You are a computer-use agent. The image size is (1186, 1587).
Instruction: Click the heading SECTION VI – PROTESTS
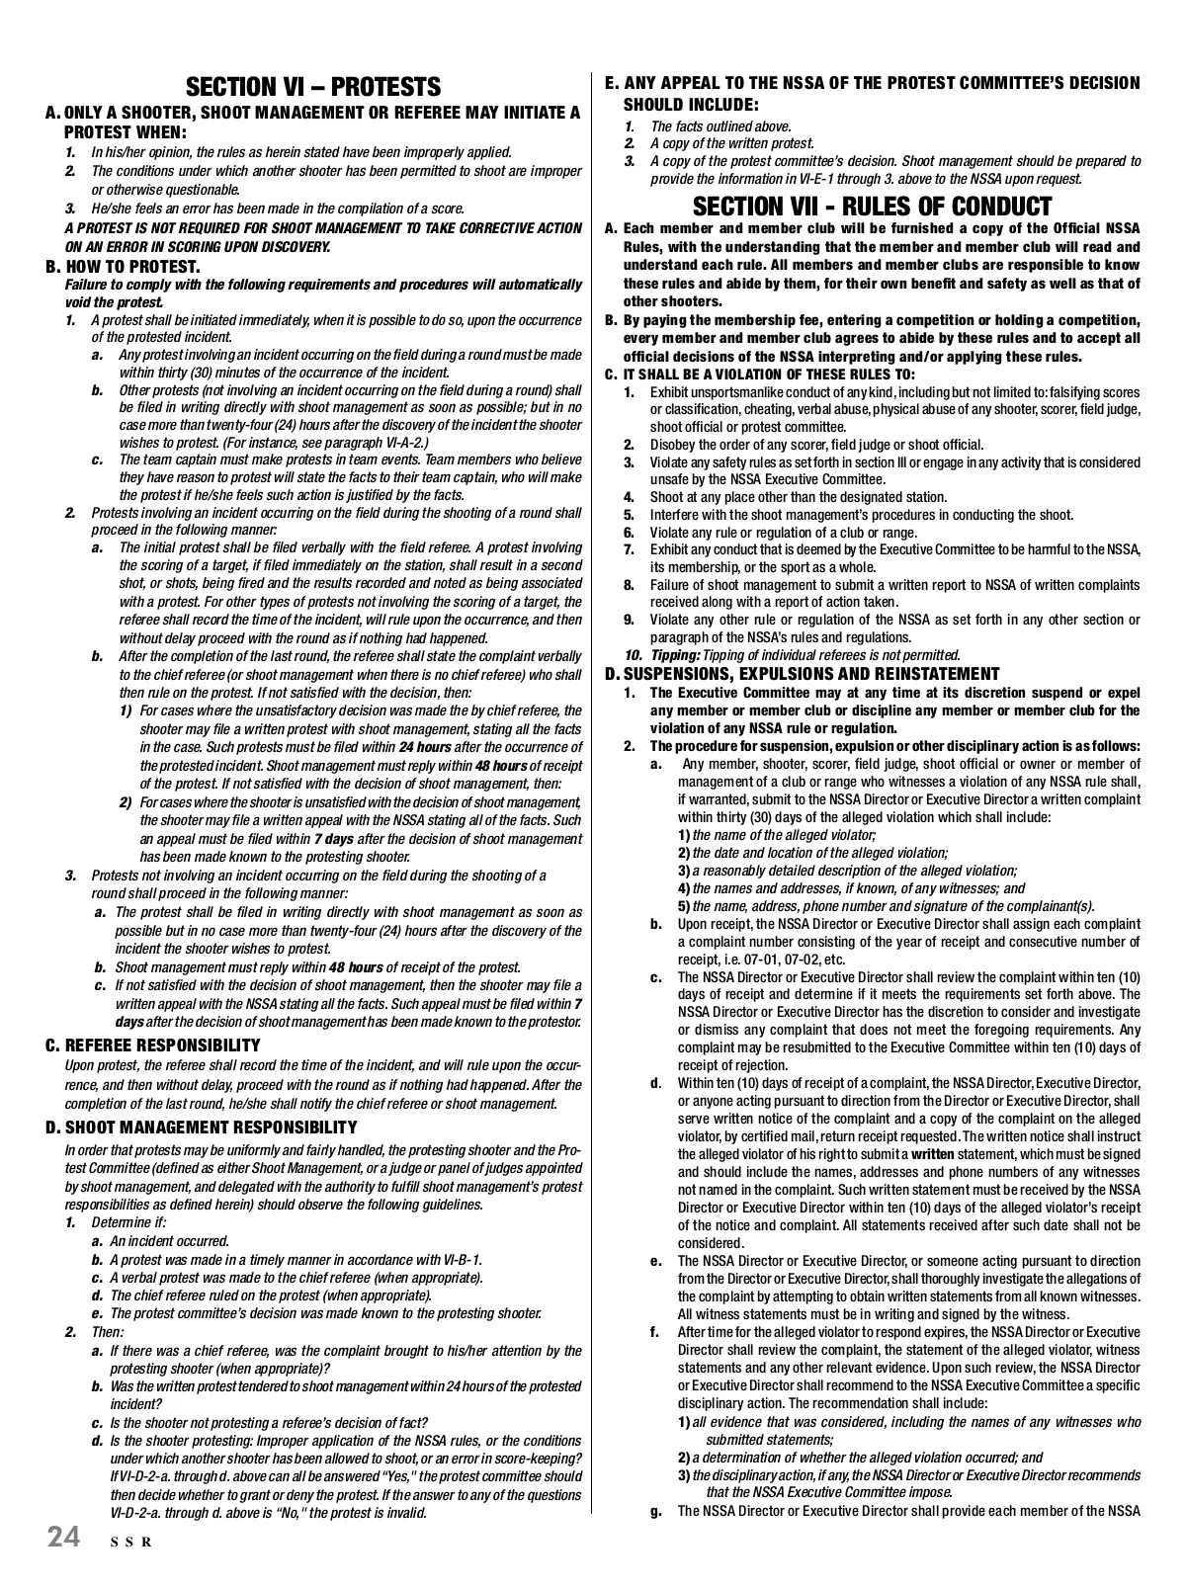[x=313, y=87]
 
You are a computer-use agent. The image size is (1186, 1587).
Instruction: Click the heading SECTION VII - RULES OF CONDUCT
[x=872, y=207]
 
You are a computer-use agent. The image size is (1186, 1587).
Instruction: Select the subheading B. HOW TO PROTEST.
[x=124, y=267]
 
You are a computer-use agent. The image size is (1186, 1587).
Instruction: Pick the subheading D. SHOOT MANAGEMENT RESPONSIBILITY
[x=202, y=1128]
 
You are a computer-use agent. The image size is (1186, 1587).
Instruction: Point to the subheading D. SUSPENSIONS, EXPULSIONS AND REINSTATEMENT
[x=803, y=674]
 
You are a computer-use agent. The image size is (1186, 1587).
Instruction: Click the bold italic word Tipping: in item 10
[x=675, y=655]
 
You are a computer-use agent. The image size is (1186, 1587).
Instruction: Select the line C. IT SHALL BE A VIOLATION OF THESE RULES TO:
[x=760, y=375]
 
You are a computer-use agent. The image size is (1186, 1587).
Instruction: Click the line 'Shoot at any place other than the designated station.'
[x=798, y=497]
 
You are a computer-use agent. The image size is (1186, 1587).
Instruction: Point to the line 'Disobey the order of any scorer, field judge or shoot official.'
[x=816, y=445]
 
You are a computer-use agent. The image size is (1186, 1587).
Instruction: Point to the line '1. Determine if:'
[x=117, y=1223]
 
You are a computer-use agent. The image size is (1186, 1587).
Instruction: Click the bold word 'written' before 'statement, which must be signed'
[x=932, y=1154]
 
